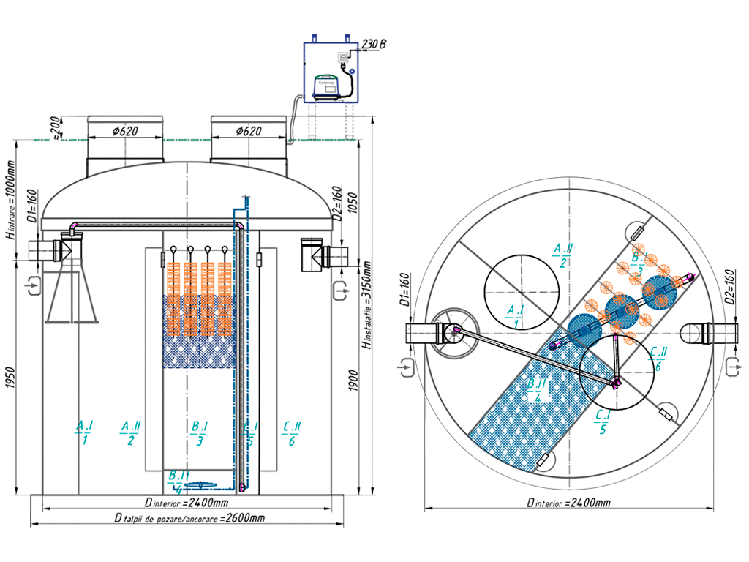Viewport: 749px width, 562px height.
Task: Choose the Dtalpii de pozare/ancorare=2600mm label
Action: [x=189, y=519]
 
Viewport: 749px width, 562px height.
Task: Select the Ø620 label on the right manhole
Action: [x=249, y=132]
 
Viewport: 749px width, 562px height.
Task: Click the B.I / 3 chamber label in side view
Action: [x=200, y=432]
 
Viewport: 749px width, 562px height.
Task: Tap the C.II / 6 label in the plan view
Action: [x=657, y=359]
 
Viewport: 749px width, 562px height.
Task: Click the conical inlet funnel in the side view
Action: [x=72, y=293]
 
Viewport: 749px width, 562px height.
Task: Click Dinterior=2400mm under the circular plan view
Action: [x=569, y=503]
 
